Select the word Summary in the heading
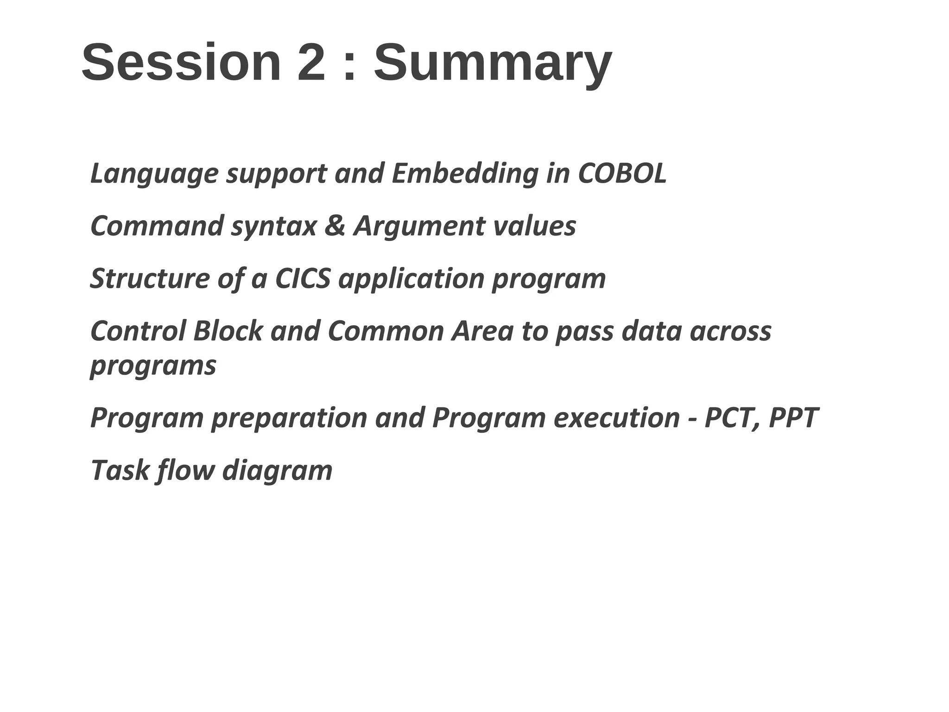click(493, 65)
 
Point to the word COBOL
click(622, 174)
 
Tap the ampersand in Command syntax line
click(335, 226)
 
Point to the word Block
click(228, 331)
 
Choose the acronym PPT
click(793, 418)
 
